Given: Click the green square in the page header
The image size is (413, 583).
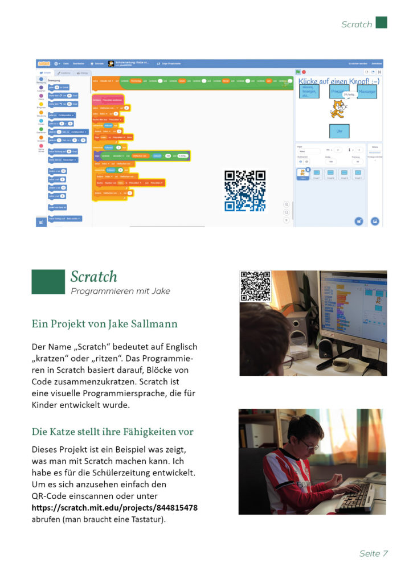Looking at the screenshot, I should [x=381, y=23].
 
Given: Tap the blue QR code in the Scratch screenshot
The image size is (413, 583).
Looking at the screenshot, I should [x=245, y=190].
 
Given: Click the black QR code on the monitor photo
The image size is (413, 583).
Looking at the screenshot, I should [x=255, y=286].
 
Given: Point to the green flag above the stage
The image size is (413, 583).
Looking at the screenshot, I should [x=298, y=72].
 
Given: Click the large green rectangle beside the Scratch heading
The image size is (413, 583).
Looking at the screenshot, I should [x=48, y=282].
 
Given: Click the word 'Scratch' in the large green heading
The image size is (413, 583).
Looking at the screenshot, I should [x=93, y=277].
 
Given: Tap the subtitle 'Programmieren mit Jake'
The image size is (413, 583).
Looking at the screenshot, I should [x=120, y=291].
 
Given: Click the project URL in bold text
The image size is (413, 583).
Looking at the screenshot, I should [x=115, y=507].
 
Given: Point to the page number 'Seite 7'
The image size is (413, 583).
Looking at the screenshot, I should [x=373, y=553].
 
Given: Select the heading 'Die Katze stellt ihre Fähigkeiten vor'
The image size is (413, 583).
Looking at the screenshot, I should [x=112, y=432].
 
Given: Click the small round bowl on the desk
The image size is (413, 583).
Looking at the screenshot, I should [x=340, y=364].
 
